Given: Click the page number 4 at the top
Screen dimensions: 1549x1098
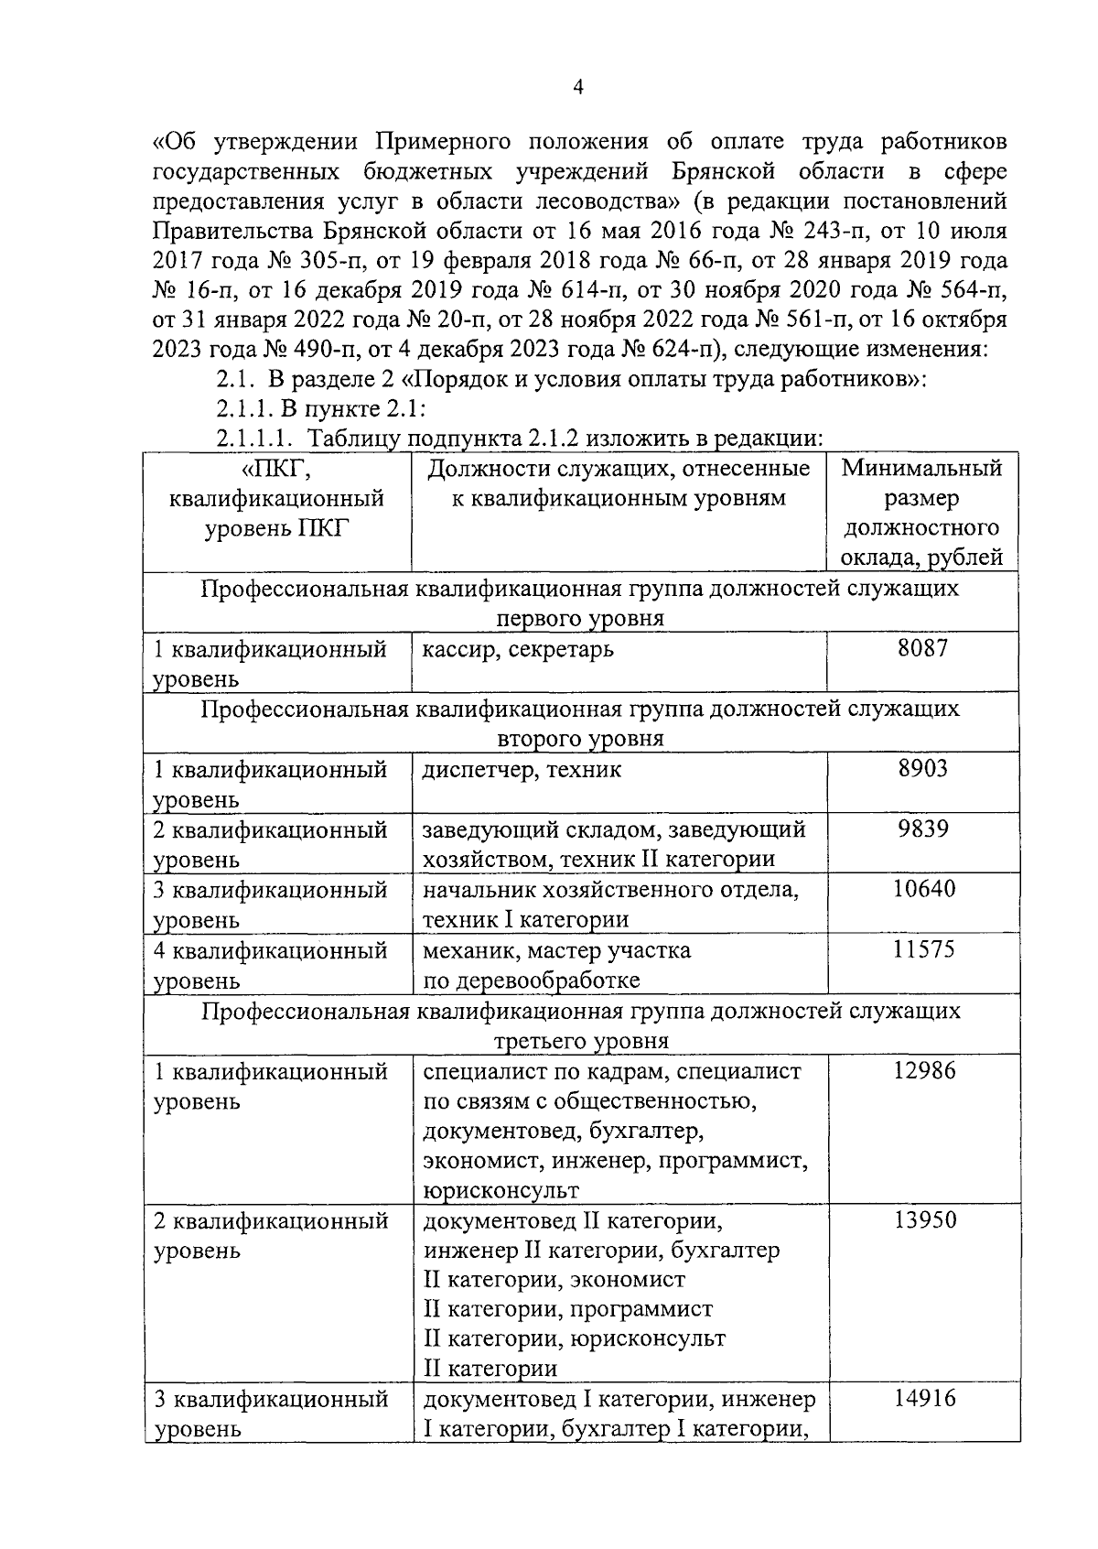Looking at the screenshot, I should coord(577,87).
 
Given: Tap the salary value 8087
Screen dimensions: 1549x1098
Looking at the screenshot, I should coord(923,648).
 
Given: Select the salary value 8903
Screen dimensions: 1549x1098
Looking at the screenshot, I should coord(923,768).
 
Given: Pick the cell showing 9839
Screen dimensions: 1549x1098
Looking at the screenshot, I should coord(923,829).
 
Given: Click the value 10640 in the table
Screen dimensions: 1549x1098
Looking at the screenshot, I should coord(923,888).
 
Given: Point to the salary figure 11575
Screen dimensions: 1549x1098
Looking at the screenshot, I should coord(923,948).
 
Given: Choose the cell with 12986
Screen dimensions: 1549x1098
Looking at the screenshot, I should coord(923,1069).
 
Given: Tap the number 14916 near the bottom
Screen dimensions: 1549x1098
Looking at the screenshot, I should coord(923,1398).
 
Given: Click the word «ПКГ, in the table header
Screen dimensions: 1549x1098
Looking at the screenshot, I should coord(276,469).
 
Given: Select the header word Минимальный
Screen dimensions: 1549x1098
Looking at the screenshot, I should coord(921,469).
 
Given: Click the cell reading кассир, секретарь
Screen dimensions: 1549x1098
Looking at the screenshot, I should coord(518,650).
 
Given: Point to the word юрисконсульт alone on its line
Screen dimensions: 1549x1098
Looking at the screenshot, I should coord(501,1190).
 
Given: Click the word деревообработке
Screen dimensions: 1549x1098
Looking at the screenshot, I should coord(531,980).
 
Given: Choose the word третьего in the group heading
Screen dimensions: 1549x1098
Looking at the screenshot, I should coord(538,1041).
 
